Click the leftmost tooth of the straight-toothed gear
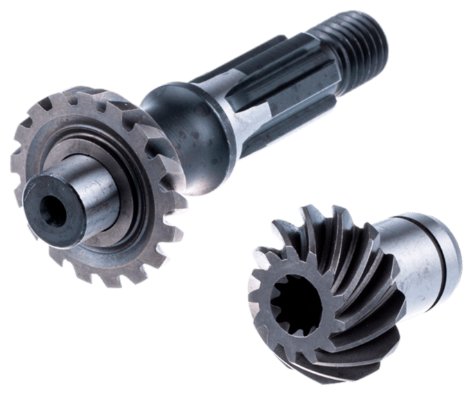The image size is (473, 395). point(17,166)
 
